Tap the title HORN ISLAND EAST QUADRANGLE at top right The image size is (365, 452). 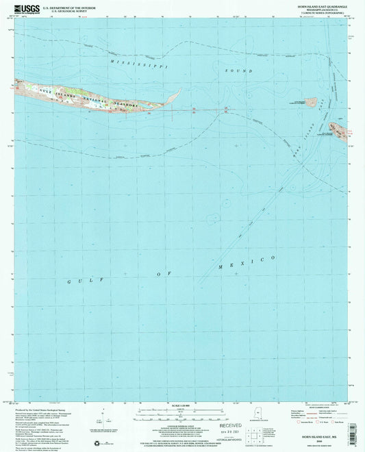click(318, 6)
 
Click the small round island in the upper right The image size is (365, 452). click(311, 102)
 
